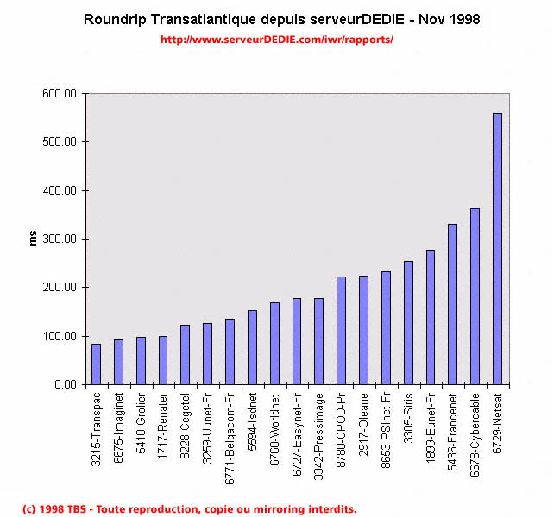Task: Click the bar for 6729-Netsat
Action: [x=497, y=249]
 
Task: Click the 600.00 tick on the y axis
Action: [x=60, y=93]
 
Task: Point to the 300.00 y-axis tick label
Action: [x=60, y=239]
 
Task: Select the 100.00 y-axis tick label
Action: [x=60, y=336]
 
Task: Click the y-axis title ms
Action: [x=33, y=239]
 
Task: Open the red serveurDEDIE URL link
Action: [x=277, y=39]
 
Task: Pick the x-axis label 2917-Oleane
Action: [x=363, y=421]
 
